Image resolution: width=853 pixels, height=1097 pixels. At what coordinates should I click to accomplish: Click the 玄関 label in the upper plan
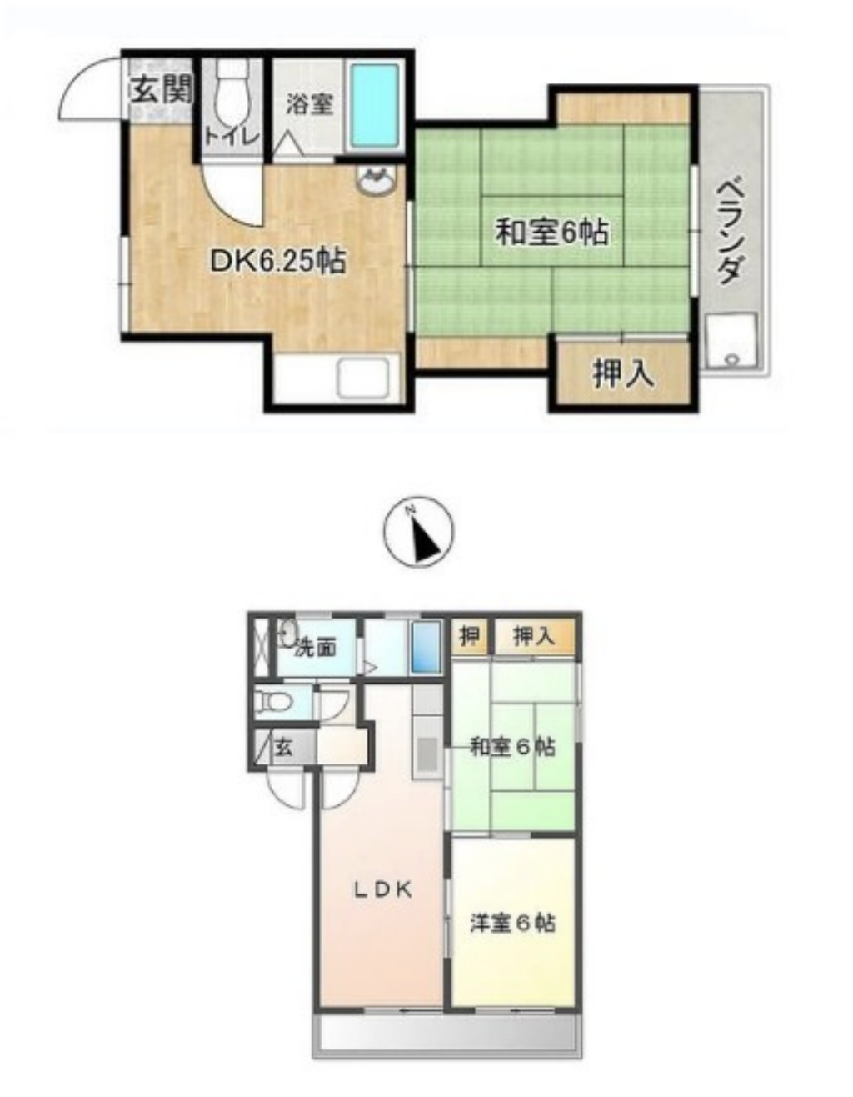pyautogui.click(x=162, y=92)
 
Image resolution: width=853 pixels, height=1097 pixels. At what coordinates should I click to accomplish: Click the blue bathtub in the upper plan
pyautogui.click(x=375, y=105)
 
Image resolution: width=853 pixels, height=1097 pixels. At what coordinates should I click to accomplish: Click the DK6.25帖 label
pyautogui.click(x=278, y=262)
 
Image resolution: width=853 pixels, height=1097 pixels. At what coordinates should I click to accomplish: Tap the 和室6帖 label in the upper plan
pyautogui.click(x=551, y=233)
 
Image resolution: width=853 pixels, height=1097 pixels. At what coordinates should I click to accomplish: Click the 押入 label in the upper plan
pyautogui.click(x=623, y=374)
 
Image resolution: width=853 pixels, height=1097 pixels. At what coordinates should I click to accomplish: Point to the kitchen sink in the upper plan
pyautogui.click(x=363, y=377)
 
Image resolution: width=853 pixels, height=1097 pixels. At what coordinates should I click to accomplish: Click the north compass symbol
pyautogui.click(x=419, y=531)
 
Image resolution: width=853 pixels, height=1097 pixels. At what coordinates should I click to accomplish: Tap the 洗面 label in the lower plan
pyautogui.click(x=315, y=649)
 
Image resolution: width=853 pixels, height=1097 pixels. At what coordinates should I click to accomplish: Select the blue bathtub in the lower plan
pyautogui.click(x=425, y=648)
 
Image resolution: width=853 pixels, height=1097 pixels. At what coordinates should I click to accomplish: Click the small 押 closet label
pyautogui.click(x=469, y=637)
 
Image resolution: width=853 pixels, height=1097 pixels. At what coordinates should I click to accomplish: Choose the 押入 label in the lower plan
pyautogui.click(x=534, y=637)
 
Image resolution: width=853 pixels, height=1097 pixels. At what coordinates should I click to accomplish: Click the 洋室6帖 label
pyautogui.click(x=513, y=923)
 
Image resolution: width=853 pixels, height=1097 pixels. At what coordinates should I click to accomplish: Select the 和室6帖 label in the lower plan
pyautogui.click(x=512, y=747)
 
